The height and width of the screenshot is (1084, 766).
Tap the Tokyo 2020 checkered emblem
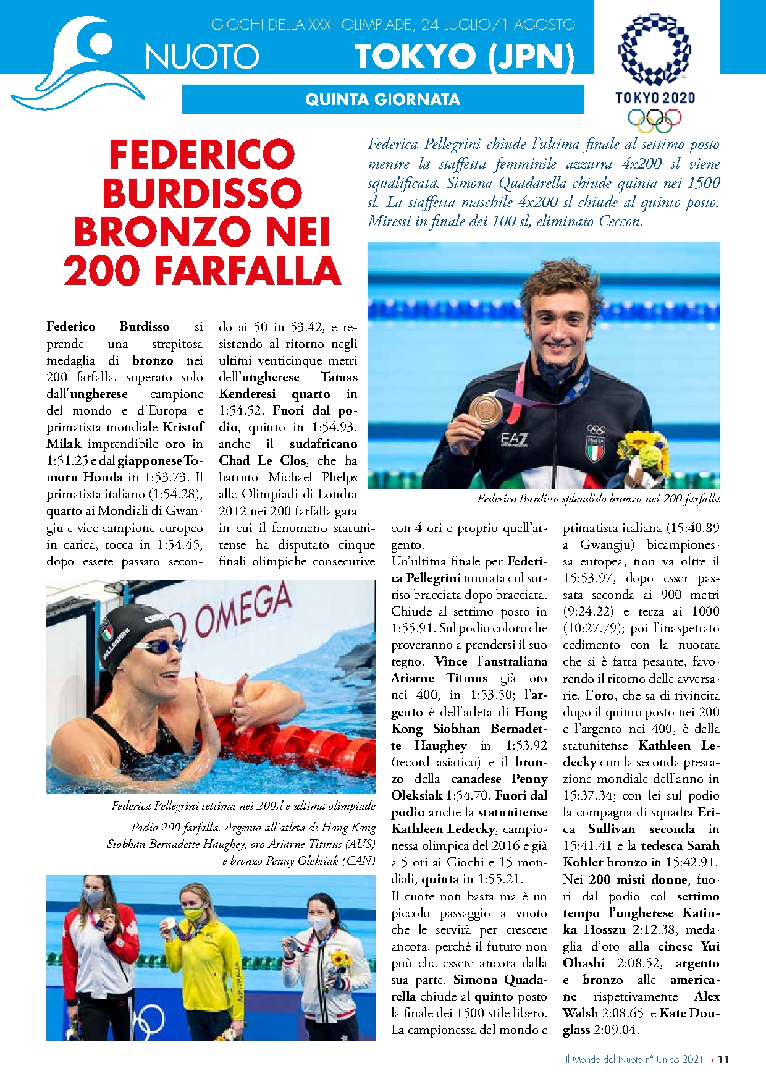tap(654, 49)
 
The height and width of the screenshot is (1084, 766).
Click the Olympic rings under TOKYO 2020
tap(654, 119)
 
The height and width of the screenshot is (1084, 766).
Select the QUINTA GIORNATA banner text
tap(382, 100)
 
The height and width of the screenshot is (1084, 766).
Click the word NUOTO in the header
tap(202, 57)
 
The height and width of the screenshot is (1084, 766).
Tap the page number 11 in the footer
tap(723, 1059)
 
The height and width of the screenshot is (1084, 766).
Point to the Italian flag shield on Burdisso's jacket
tap(595, 447)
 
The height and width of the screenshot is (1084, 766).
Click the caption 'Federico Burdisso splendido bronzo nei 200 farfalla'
tap(598, 499)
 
